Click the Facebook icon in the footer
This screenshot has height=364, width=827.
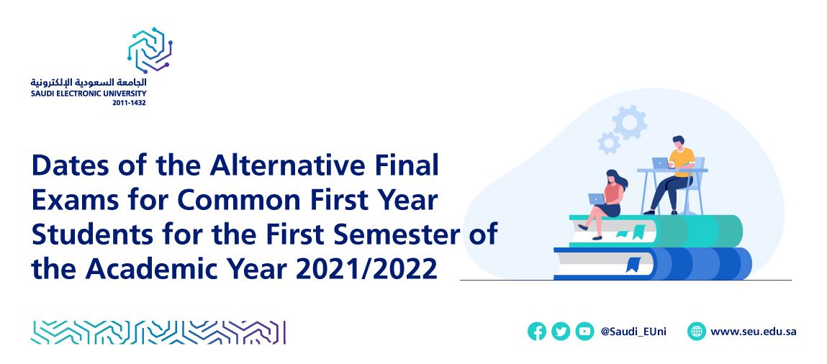pyautogui.click(x=537, y=332)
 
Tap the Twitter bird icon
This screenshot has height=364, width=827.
pyautogui.click(x=561, y=332)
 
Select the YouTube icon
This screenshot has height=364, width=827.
pyautogui.click(x=584, y=332)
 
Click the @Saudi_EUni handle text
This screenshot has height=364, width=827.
pyautogui.click(x=633, y=332)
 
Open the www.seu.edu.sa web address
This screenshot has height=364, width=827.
pyautogui.click(x=753, y=332)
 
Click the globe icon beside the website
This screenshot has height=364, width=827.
pyautogui.click(x=697, y=332)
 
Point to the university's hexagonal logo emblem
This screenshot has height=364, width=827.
pyautogui.click(x=150, y=50)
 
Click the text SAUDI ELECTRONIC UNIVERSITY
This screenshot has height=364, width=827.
pyautogui.click(x=89, y=94)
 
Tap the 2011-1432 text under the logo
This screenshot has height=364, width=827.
pyautogui.click(x=130, y=103)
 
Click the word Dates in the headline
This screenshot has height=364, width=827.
pyautogui.click(x=69, y=166)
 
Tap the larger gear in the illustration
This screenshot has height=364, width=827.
pyautogui.click(x=630, y=123)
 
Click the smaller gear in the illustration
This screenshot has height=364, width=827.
pyautogui.click(x=609, y=142)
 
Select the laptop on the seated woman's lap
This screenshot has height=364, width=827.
pyautogui.click(x=597, y=199)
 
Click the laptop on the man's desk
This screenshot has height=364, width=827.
pyautogui.click(x=661, y=163)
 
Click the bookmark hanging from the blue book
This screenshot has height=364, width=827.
pyautogui.click(x=633, y=264)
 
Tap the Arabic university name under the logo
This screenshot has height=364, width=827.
pyautogui.click(x=89, y=83)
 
